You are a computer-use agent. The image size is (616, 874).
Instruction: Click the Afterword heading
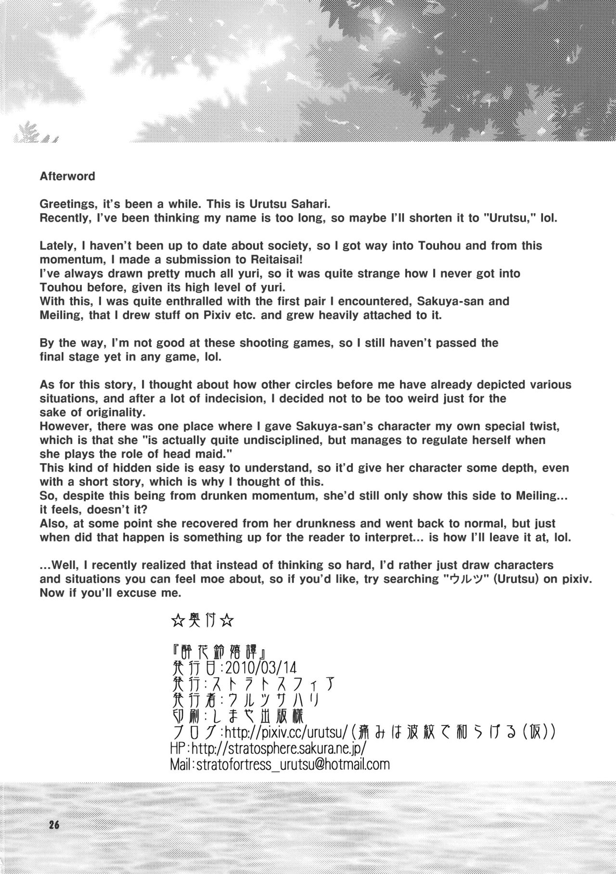coord(67,177)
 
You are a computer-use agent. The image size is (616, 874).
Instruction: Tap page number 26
coord(53,825)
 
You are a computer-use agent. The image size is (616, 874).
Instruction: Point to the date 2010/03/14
coord(260,668)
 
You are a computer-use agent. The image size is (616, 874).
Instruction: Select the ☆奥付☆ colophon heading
coord(203,621)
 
